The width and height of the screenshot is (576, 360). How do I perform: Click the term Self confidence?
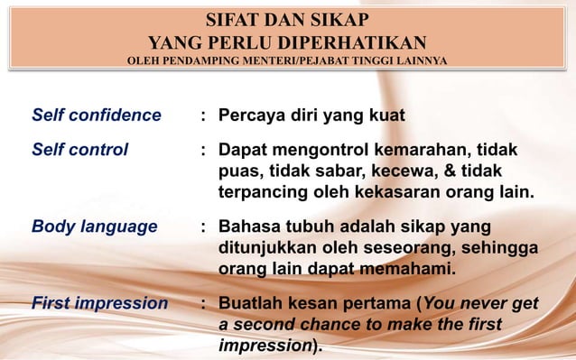tap(97, 116)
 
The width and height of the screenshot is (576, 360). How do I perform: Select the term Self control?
tap(80, 149)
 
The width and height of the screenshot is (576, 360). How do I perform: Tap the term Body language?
tap(95, 226)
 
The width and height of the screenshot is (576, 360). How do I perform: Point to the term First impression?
tap(100, 303)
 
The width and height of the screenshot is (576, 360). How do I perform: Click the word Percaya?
tap(254, 116)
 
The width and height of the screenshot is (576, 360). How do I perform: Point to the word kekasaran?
tap(382, 192)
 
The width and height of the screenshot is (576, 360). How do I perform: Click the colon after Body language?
tap(205, 226)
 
